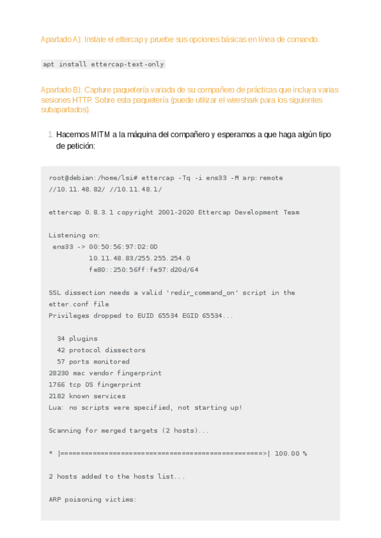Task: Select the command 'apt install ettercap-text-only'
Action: click(104, 64)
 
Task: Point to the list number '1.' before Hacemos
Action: click(50, 135)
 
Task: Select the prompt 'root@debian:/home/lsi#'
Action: click(93, 178)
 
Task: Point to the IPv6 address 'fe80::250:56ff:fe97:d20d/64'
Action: click(144, 269)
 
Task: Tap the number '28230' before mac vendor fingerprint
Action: click(59, 373)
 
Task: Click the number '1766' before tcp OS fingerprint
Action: click(57, 384)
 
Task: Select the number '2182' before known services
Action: click(57, 396)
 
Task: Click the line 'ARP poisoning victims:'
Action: click(93, 499)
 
